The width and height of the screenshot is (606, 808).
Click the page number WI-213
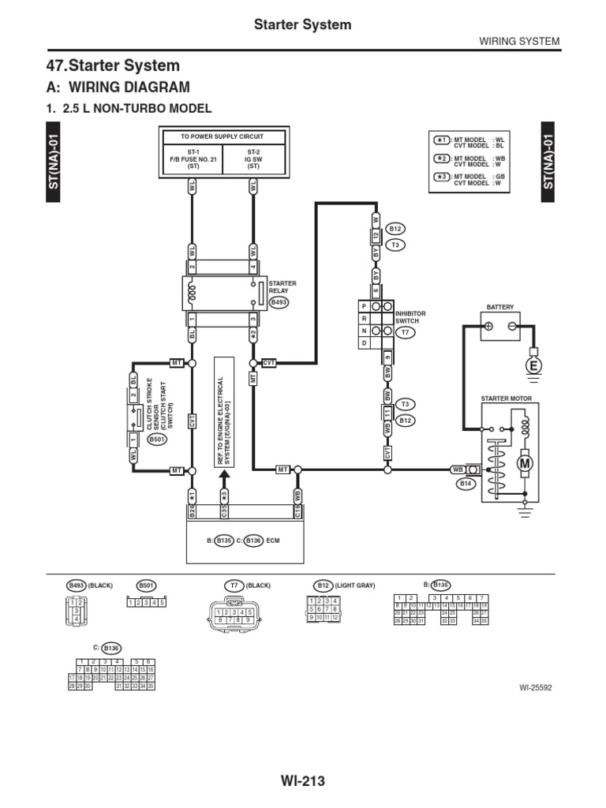[302, 781]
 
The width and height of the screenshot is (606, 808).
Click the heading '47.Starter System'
[114, 65]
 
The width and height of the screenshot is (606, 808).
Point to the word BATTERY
[500, 306]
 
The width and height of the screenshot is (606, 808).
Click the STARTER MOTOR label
[507, 399]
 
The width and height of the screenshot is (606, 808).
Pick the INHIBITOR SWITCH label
[410, 317]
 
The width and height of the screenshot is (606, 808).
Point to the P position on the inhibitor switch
[364, 306]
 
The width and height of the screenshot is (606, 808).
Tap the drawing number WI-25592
[536, 686]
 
